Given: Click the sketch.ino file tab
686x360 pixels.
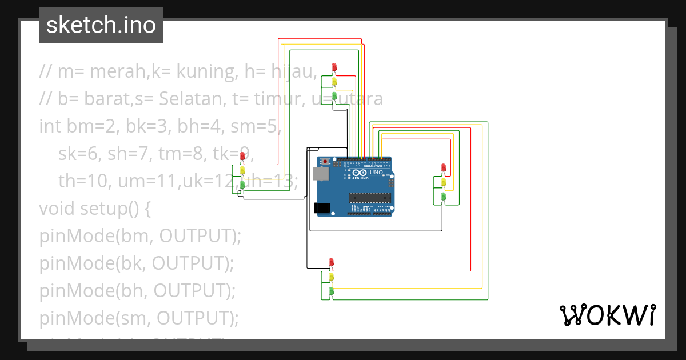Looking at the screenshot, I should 101,25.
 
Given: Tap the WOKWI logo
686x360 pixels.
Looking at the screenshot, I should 607,315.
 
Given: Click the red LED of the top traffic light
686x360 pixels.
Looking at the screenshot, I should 334,67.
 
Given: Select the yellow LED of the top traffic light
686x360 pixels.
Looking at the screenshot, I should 334,81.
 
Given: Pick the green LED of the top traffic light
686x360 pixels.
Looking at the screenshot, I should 334,95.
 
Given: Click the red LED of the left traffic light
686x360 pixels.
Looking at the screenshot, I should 242,155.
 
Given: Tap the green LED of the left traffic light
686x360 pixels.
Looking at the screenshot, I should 242,184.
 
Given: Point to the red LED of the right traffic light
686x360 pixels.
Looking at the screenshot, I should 444,167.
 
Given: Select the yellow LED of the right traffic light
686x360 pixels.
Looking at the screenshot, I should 444,182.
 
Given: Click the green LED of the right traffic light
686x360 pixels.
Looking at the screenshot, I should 444,196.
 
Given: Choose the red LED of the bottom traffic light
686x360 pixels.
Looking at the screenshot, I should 331,262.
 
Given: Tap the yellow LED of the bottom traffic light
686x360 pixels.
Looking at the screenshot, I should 331,277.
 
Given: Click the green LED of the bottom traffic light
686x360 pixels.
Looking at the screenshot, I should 331,291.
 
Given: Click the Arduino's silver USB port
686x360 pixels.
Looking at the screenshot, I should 321,174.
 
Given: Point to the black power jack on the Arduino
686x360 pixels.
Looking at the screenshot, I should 323,208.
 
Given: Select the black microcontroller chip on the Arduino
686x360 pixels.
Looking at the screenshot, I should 369,198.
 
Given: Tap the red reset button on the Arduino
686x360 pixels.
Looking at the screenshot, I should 326,162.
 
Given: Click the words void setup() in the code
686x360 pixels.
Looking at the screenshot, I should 94,208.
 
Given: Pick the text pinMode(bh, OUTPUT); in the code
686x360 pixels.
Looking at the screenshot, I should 137,290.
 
